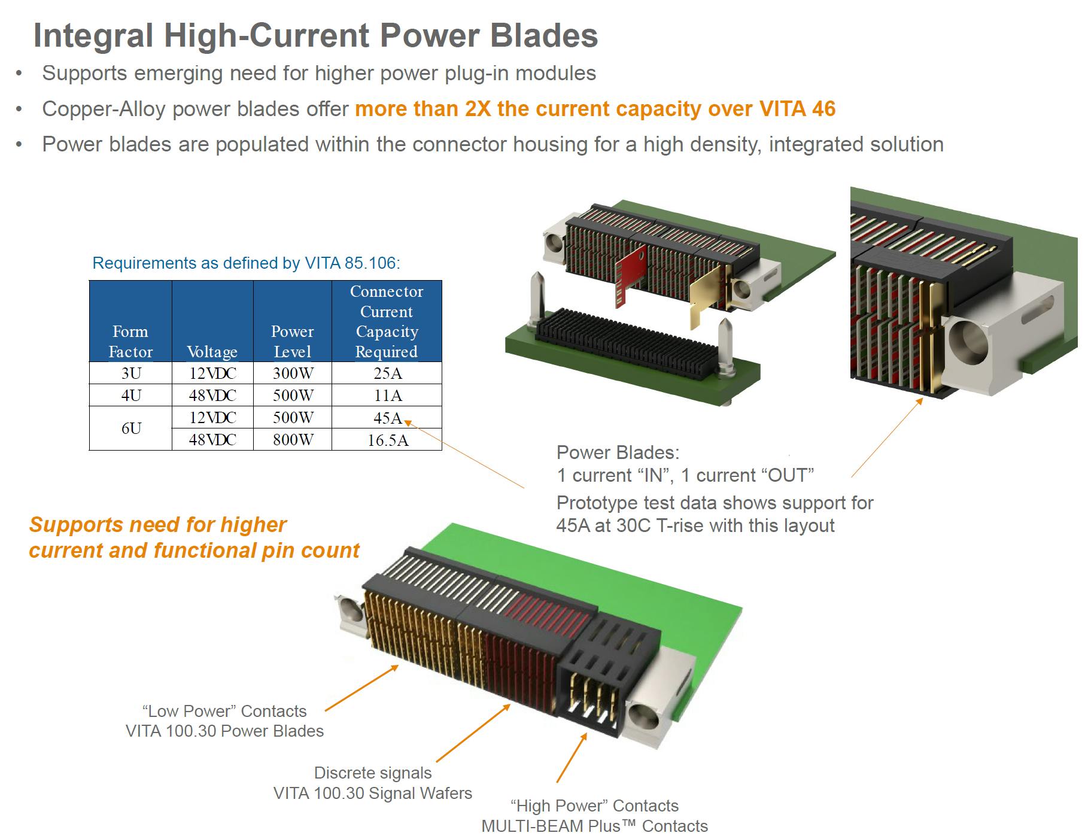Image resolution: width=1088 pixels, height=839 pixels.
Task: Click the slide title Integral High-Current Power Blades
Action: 315,35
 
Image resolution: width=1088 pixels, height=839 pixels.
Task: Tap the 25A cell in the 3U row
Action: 387,373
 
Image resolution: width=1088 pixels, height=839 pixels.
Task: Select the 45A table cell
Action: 387,418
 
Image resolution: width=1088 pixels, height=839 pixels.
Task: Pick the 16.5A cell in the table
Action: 387,440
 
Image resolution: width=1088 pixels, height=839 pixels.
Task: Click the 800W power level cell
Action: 293,440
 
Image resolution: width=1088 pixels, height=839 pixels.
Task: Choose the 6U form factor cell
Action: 131,428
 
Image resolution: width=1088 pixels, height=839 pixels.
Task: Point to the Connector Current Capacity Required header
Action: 387,321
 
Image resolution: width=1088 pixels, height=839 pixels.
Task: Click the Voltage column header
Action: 212,351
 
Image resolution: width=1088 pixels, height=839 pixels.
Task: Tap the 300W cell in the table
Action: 293,373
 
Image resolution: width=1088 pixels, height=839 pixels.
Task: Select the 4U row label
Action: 131,396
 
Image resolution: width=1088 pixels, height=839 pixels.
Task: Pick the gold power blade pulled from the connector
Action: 706,299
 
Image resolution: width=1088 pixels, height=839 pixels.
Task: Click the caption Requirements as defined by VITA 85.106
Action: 246,263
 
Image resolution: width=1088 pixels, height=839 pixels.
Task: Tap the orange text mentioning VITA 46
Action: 595,109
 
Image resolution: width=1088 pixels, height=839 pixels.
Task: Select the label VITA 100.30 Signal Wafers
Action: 372,793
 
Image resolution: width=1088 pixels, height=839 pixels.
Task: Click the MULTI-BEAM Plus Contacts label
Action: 594,826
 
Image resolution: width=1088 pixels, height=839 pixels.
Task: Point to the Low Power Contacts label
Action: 224,711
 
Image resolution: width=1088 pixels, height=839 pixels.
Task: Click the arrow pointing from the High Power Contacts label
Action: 572,758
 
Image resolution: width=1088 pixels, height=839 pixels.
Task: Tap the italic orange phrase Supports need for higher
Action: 158,525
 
